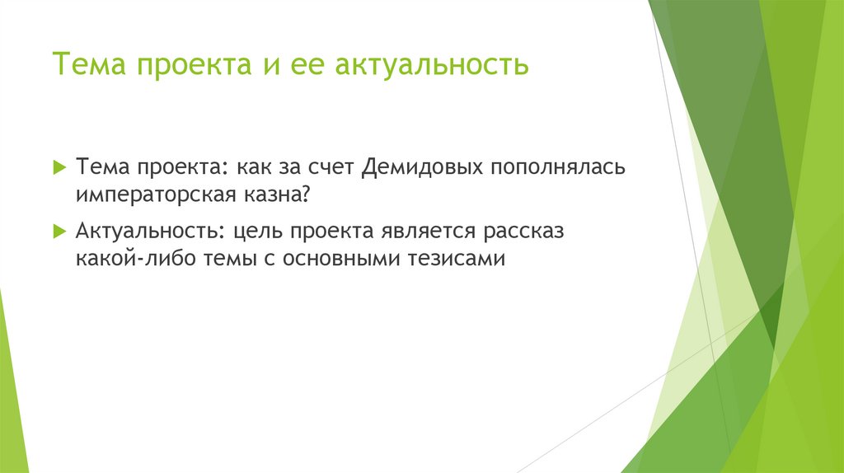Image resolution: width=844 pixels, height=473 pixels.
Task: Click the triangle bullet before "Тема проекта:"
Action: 59,167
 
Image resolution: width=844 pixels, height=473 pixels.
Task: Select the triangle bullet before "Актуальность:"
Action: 59,232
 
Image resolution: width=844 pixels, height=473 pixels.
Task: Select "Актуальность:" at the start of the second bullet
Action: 148,232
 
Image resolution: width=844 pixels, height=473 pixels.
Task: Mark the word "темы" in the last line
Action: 223,259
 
